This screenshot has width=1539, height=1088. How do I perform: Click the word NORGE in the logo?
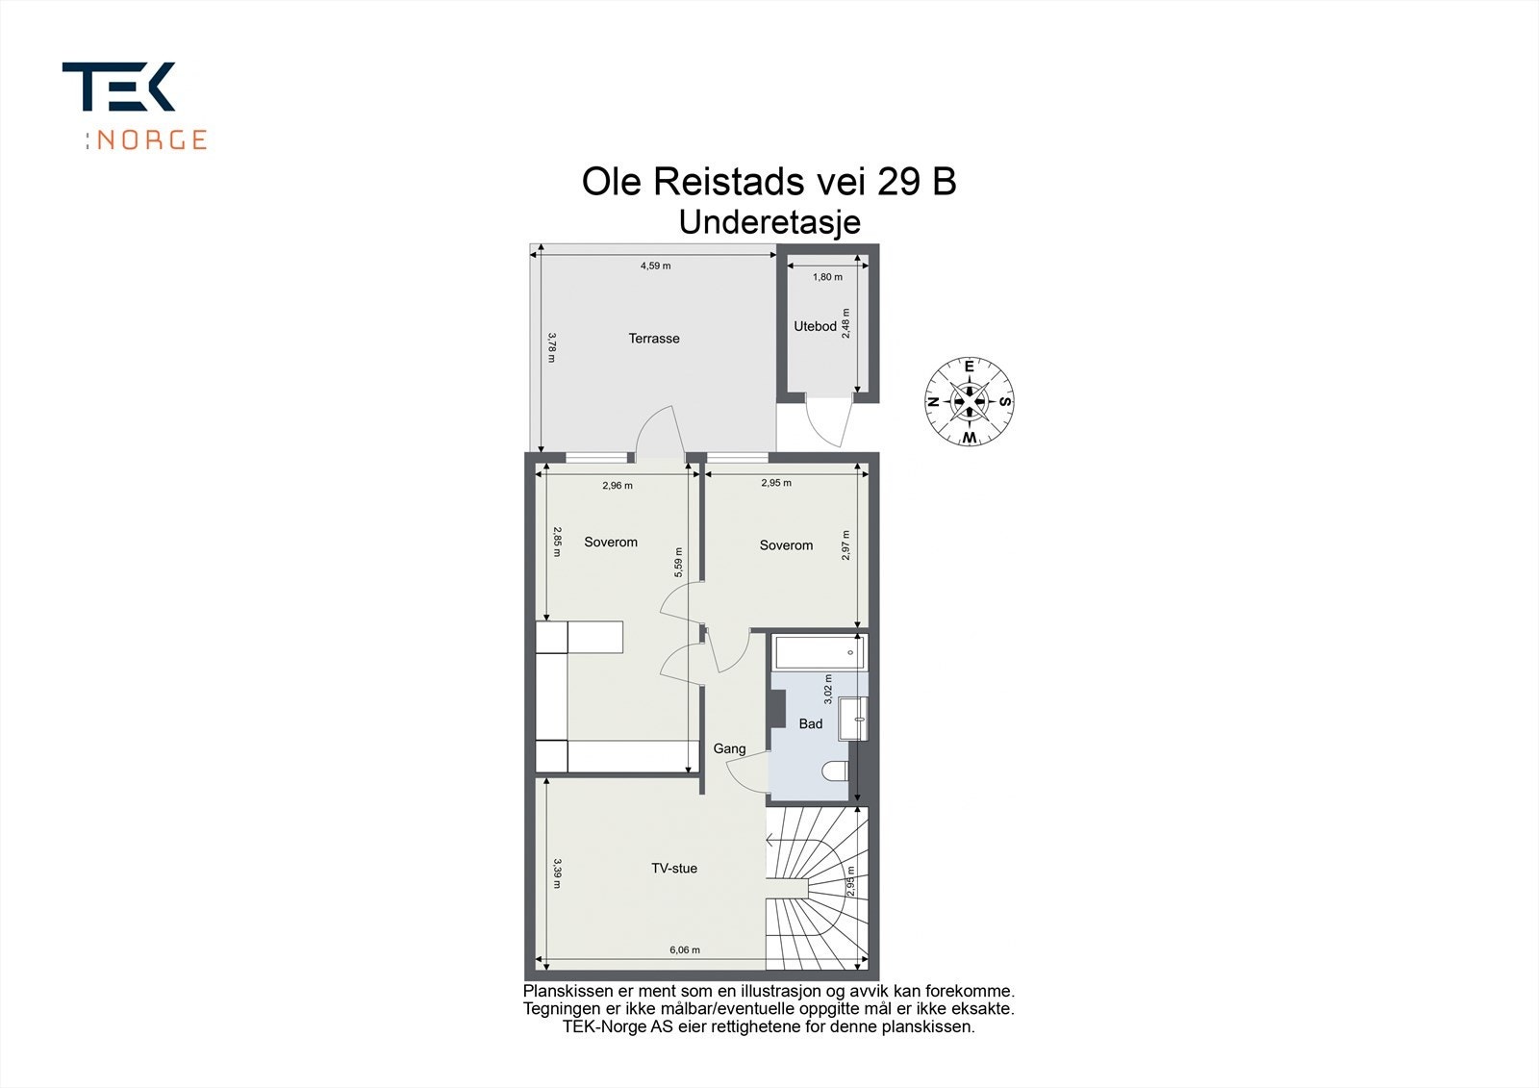152,140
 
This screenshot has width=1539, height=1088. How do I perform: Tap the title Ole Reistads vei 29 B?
769,182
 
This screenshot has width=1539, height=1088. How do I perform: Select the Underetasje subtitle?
769,222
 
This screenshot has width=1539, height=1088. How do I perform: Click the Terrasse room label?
654,339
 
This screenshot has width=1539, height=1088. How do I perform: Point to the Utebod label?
815,326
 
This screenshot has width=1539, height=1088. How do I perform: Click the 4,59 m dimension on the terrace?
655,266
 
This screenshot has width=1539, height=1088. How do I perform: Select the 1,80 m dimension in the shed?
827,277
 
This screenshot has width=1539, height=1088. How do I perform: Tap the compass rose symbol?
970,401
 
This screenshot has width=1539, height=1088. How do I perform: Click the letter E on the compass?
970,367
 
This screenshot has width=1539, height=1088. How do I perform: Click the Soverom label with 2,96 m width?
611,543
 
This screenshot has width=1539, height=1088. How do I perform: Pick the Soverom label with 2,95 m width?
786,545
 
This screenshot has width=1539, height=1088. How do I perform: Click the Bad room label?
811,723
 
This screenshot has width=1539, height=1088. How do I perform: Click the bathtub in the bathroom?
820,652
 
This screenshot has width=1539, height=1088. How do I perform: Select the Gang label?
729,748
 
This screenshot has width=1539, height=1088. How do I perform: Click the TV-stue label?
673,869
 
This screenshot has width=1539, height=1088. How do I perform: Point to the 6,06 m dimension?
684,950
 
